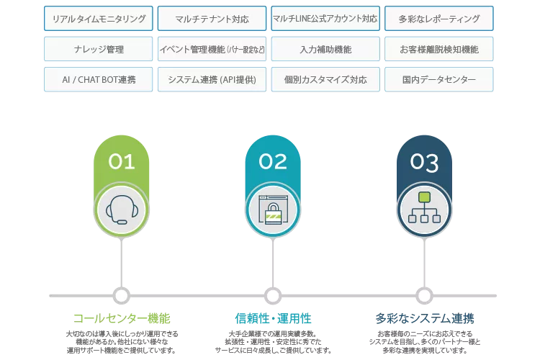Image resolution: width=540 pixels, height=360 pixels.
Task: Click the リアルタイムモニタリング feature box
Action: tap(99, 19)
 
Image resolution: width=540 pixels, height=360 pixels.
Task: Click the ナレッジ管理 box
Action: tap(99, 49)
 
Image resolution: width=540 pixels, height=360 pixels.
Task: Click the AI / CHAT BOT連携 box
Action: tap(99, 79)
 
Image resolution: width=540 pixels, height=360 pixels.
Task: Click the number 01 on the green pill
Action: tap(121, 162)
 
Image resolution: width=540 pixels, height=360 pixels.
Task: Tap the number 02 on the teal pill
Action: tap(273, 162)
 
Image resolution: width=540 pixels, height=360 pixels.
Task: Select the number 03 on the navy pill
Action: tap(424, 162)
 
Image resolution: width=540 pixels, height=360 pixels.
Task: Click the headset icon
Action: tap(121, 210)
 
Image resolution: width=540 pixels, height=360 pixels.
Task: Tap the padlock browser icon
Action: tap(273, 210)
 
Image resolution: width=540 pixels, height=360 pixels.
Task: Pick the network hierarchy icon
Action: tap(424, 210)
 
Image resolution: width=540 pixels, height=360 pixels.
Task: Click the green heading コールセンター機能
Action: tap(121, 318)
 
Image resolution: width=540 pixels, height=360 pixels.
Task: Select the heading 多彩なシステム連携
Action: tap(425, 318)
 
